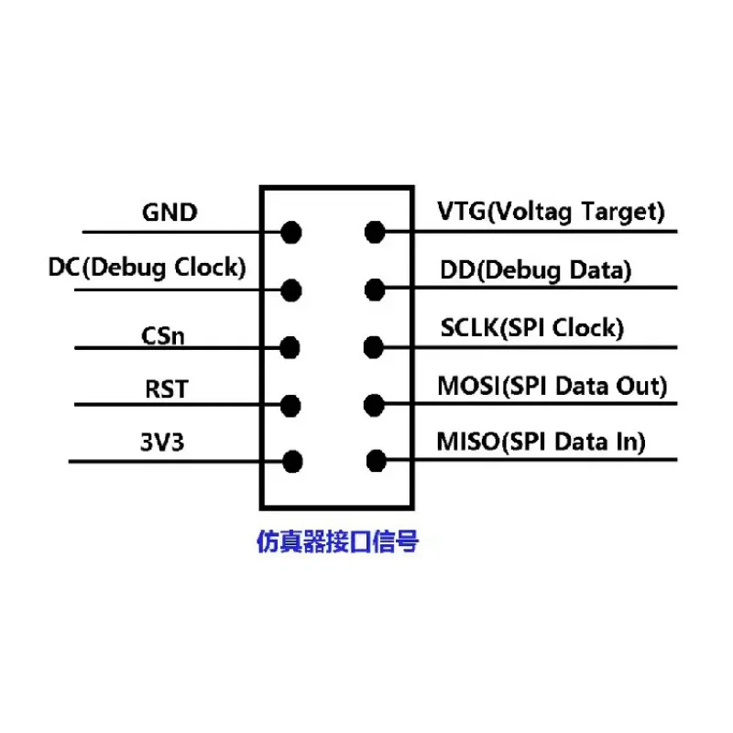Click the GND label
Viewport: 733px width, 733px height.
point(170,213)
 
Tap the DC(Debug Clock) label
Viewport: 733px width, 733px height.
point(148,268)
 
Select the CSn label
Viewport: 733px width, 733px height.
point(163,336)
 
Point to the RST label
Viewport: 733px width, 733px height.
point(167,388)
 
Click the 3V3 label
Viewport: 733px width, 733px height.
point(162,443)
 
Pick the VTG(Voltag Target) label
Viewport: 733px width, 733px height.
point(551,212)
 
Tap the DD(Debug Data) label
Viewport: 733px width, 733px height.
point(536,270)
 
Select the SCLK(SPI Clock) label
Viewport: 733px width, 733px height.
point(532,328)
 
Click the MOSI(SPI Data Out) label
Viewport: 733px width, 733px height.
point(552,386)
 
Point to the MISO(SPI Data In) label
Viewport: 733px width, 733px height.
point(541,442)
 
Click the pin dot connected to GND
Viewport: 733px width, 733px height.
point(291,233)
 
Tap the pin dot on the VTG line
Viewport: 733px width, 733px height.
point(375,233)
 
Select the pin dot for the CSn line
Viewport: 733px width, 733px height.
point(290,348)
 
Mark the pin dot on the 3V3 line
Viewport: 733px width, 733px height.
point(292,462)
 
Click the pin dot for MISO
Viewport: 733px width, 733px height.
point(377,461)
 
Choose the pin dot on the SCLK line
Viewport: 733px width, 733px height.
point(374,347)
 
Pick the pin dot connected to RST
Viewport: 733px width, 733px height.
point(290,406)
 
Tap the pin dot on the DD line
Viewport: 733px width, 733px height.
point(375,290)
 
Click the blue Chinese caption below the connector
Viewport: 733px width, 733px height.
point(337,542)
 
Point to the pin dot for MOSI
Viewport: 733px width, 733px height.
point(374,405)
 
